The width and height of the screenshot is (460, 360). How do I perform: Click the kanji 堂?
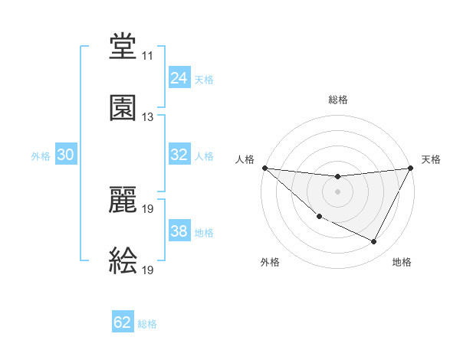tap(123, 47)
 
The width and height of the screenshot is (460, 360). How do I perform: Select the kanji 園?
tap(123, 109)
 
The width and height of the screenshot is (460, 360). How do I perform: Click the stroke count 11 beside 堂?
tap(147, 56)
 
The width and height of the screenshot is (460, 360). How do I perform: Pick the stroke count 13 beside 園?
tap(147, 117)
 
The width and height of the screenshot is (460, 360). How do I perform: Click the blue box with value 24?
tap(179, 78)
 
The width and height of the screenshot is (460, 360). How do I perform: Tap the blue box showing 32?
tap(179, 155)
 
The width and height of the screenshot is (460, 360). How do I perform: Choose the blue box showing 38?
tap(179, 231)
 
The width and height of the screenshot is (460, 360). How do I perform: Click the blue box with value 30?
tap(66, 155)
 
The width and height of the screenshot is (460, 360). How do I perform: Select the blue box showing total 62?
tap(123, 322)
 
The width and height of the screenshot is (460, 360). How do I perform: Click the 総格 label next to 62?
tap(147, 324)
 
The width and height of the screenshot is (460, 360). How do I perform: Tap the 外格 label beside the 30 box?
tap(41, 156)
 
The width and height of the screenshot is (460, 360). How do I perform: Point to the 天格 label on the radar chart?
tap(431, 159)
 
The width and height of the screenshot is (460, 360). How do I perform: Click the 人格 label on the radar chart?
tap(245, 159)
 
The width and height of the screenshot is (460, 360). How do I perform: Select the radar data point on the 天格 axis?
tap(411, 168)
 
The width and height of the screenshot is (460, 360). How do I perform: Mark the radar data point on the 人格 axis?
tap(264, 168)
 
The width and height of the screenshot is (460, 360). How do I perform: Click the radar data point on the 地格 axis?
tap(374, 242)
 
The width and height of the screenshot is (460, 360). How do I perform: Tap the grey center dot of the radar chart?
tap(337, 191)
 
